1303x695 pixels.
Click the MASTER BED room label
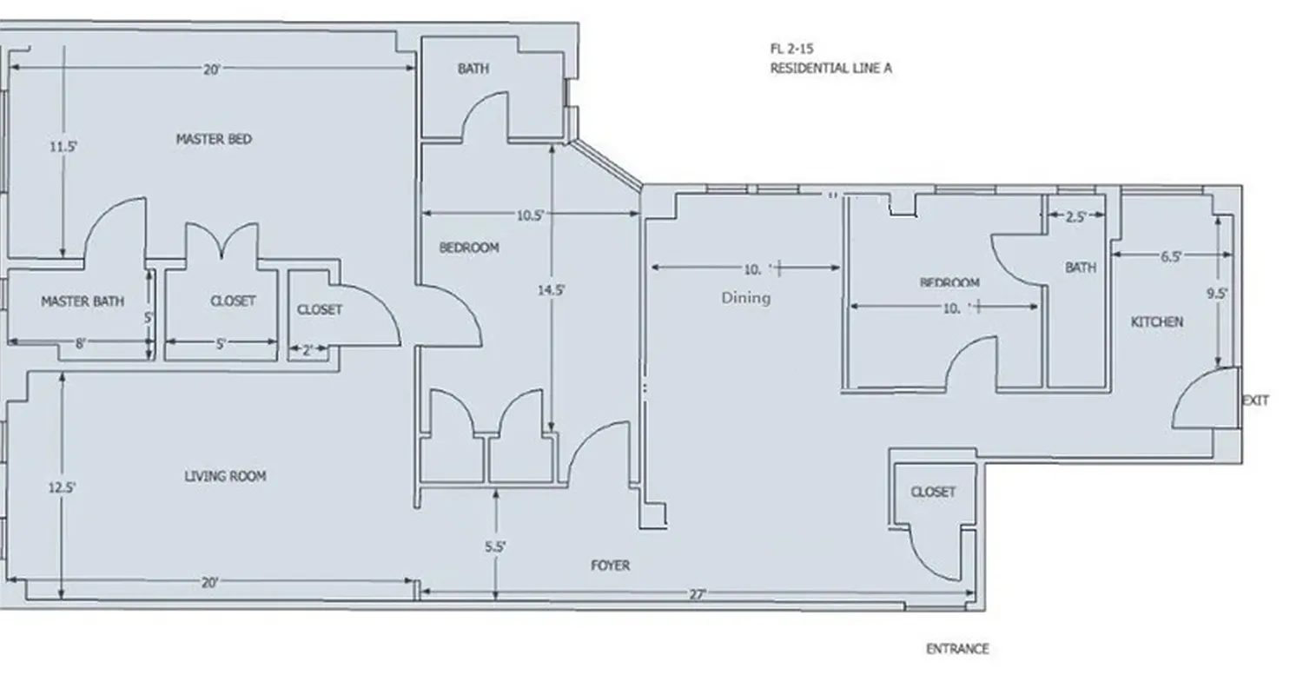coord(214,139)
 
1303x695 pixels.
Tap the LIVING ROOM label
coord(225,476)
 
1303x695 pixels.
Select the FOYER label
coord(610,566)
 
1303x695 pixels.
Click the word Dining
coord(745,298)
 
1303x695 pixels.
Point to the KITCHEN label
coord(1156,322)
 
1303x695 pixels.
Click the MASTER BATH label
coord(83,301)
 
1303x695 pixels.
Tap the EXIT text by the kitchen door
coord(1255,400)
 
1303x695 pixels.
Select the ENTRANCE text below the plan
coord(956,649)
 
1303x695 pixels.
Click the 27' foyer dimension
coord(698,595)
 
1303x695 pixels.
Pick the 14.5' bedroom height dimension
coord(551,291)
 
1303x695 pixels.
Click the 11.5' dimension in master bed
coord(63,147)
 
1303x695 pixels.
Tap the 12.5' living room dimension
coord(62,488)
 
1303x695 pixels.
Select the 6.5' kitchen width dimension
coord(1170,256)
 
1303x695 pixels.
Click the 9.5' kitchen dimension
coord(1217,294)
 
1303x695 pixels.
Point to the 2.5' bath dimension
coord(1075,217)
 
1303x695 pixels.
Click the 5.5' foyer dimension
coord(495,547)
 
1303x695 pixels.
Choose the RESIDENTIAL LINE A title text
coord(830,69)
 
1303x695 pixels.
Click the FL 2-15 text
coord(791,50)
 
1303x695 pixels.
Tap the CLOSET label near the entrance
coord(933,492)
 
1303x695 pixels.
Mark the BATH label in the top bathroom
coord(473,69)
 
